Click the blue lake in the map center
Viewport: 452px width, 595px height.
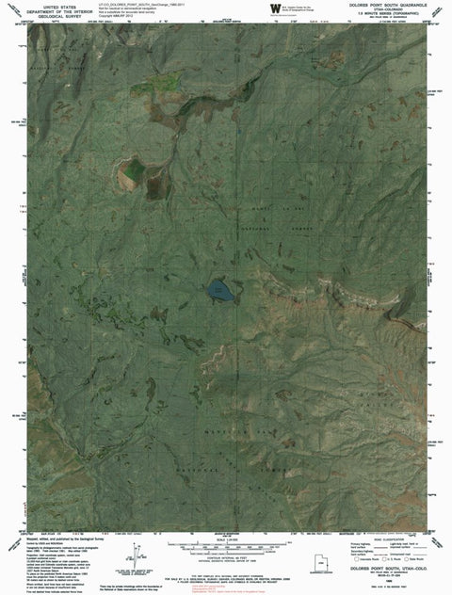(218, 290)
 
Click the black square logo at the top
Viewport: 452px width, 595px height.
(275, 8)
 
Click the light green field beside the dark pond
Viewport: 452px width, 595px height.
(132, 170)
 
